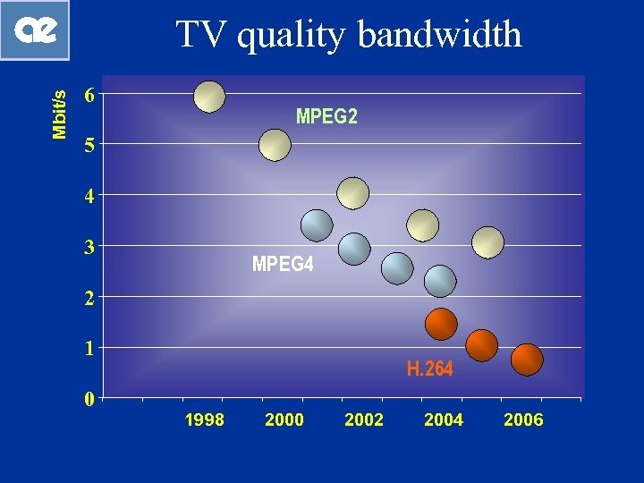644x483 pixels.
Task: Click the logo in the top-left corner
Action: pos(35,30)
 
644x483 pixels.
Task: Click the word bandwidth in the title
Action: pos(439,35)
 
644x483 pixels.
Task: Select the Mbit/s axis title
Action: pos(59,114)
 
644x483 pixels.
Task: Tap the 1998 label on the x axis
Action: pos(204,420)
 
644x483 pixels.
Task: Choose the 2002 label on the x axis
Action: pos(364,420)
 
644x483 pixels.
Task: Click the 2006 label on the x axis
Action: pos(523,420)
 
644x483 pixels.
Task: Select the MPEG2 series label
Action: pos(326,116)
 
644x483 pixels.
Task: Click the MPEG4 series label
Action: pos(283,265)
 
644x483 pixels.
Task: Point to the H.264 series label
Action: pos(430,369)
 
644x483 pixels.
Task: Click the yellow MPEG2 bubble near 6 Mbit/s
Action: pos(209,97)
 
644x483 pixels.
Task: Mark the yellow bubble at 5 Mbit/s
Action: pos(275,145)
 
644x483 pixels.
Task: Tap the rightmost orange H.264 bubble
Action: pos(527,359)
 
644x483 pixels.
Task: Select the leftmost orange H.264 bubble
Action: pos(441,324)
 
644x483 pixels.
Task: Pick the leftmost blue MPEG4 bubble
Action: pos(317,225)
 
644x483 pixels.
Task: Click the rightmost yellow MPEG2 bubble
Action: pos(487,241)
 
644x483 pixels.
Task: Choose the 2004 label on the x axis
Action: pos(444,420)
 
